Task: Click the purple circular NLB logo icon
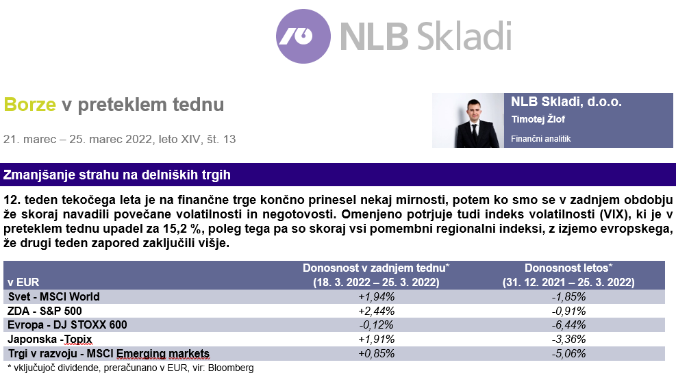click(303, 36)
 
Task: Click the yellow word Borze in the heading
click(29, 104)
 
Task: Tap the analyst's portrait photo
click(468, 120)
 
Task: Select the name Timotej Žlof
click(538, 119)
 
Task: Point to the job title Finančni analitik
click(540, 139)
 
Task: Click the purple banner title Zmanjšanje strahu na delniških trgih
click(117, 175)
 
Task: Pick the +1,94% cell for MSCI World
click(377, 296)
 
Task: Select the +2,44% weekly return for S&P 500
click(377, 311)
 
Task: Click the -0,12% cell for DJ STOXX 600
click(377, 325)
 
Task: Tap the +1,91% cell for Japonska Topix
click(377, 340)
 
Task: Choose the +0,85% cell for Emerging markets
click(377, 353)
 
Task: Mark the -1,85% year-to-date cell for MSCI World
click(568, 296)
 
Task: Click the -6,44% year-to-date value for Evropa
click(568, 325)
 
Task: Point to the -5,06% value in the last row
click(568, 353)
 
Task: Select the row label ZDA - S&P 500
click(45, 311)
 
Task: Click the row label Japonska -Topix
click(49, 340)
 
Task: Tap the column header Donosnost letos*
click(568, 268)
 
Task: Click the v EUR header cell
click(23, 283)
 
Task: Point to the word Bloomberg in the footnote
click(231, 368)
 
